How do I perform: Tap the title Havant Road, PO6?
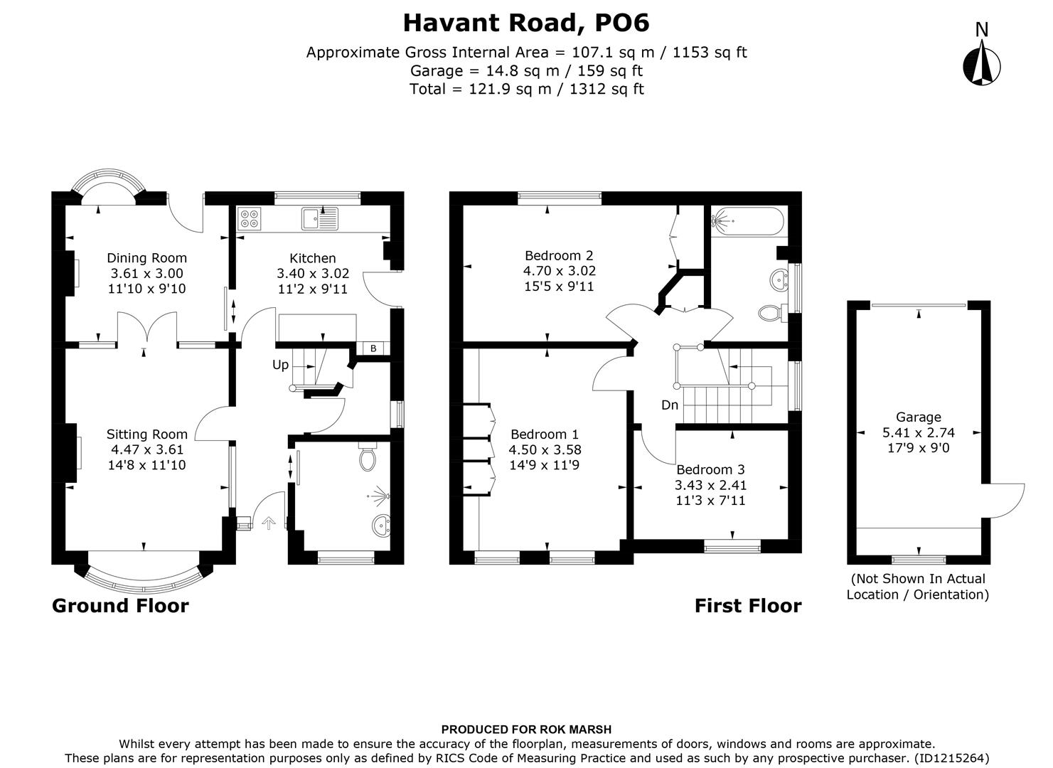(x=526, y=23)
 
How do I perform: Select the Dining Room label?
(x=146, y=258)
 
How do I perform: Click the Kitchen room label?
(x=312, y=258)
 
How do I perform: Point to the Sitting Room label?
(x=147, y=434)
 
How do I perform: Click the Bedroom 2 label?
(x=559, y=255)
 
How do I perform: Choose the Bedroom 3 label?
(x=710, y=469)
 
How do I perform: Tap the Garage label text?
(x=918, y=417)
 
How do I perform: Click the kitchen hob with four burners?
(x=250, y=218)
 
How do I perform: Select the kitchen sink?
(x=321, y=218)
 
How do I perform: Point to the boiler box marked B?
(x=373, y=348)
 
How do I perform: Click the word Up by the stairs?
(x=281, y=365)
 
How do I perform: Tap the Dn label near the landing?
(x=669, y=405)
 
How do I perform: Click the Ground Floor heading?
(x=120, y=606)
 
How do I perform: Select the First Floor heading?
(x=747, y=606)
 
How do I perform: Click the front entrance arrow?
(x=268, y=523)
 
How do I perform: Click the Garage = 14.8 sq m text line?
(x=526, y=70)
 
